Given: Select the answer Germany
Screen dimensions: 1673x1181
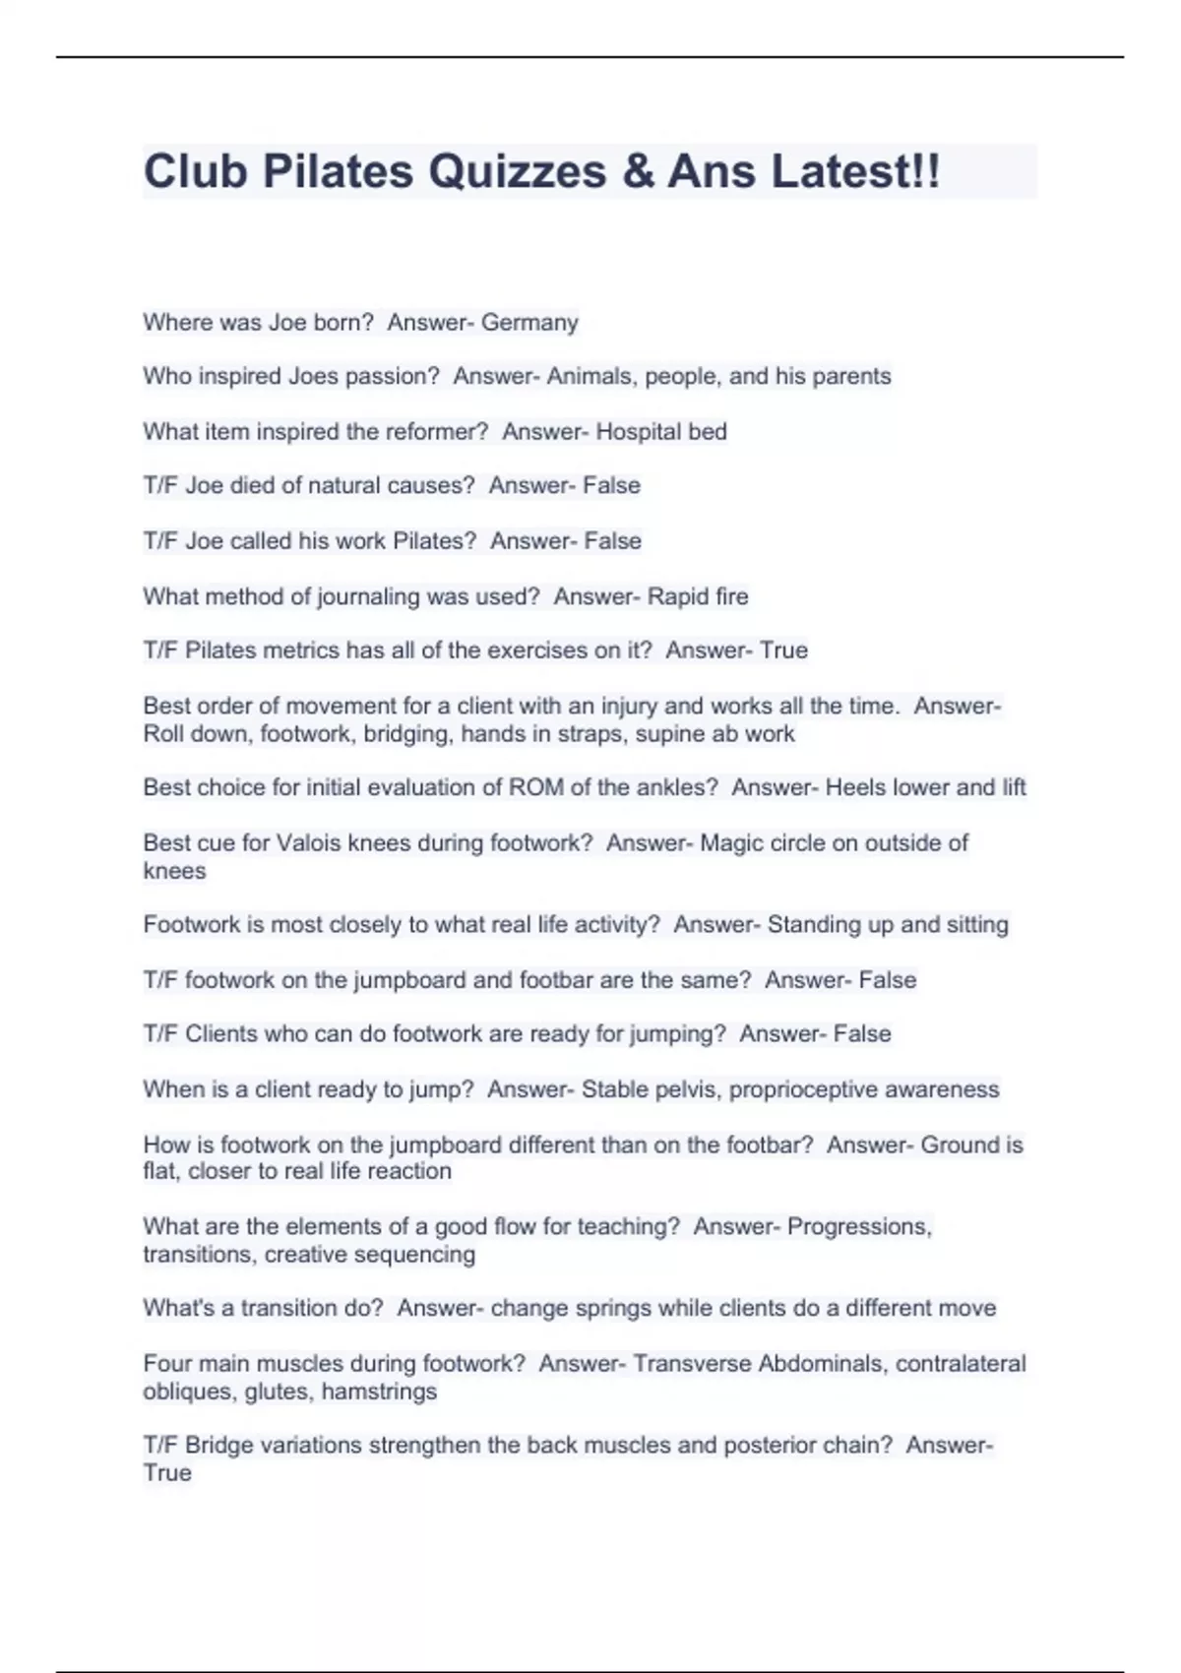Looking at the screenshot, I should [529, 323].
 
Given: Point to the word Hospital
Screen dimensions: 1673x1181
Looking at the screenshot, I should [639, 431].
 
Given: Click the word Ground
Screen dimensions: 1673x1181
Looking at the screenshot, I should [960, 1145].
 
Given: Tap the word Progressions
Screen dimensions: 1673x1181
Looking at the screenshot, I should [858, 1227].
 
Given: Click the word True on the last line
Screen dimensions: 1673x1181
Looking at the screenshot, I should [167, 1473].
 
